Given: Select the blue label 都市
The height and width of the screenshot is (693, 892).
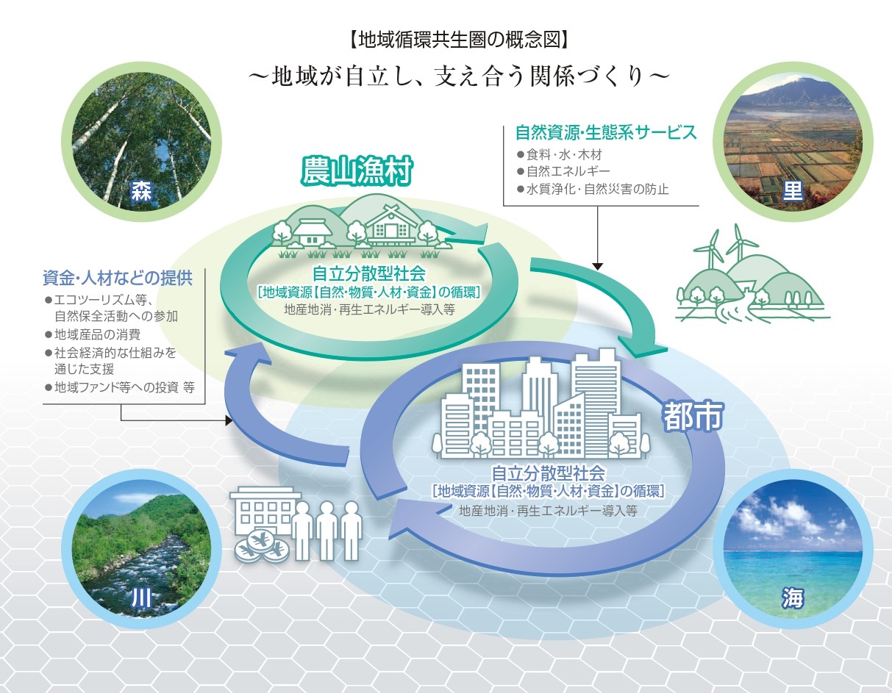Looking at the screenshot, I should (694, 417).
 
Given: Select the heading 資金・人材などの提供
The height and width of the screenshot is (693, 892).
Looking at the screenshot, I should (118, 279).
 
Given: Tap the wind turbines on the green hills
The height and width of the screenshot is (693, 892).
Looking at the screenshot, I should (724, 246).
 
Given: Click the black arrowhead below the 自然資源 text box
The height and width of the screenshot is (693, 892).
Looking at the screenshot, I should (598, 265).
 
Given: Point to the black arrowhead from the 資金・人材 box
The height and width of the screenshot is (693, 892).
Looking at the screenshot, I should (229, 422).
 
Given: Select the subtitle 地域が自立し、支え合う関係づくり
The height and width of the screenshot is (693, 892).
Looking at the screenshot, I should (459, 76).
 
